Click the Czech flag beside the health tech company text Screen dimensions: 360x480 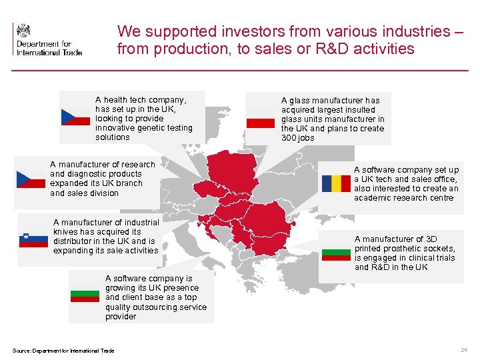(75, 117)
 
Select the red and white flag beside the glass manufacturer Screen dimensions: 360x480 (261, 119)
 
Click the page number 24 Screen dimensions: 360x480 (463, 350)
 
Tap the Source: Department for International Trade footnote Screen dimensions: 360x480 (63, 351)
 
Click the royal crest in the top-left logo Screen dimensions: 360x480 (23, 30)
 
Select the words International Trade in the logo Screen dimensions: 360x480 (49, 51)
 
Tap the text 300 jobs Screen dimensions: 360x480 (297, 138)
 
